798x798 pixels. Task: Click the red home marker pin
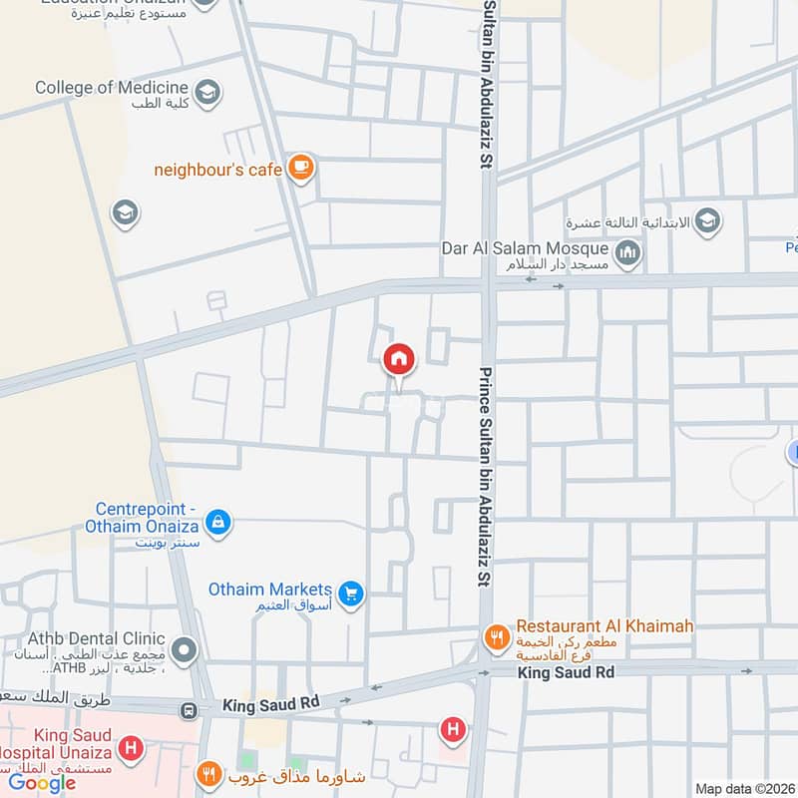click(x=398, y=359)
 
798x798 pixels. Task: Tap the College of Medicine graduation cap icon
click(x=208, y=93)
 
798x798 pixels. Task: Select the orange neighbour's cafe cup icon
click(x=300, y=168)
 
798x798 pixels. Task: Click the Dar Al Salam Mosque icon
click(x=627, y=255)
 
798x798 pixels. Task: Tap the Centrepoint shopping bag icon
click(x=218, y=521)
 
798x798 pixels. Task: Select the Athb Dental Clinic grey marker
click(x=185, y=652)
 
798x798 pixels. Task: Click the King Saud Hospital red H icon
click(x=130, y=746)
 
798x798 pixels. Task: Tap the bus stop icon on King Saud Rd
click(x=187, y=710)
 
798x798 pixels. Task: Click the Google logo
click(x=43, y=783)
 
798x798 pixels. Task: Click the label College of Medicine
click(x=111, y=87)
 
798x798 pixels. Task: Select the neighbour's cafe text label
click(x=217, y=170)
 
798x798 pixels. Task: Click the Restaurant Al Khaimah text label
click(x=604, y=626)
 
